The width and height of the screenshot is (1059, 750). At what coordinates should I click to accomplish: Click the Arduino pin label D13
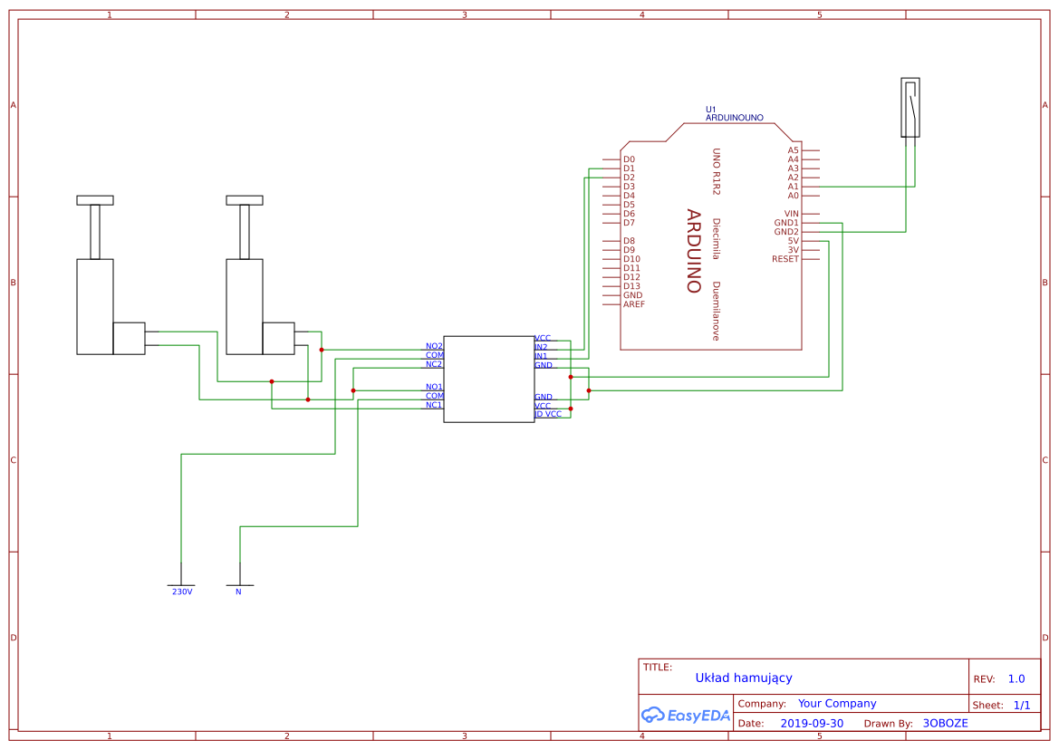tap(631, 286)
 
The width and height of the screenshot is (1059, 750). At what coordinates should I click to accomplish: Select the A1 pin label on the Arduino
tap(793, 187)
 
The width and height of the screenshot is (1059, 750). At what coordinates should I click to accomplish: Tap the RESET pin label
tap(785, 259)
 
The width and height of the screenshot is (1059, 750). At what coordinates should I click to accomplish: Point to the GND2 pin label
tap(786, 232)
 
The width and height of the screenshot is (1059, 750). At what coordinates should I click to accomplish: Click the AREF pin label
tap(634, 304)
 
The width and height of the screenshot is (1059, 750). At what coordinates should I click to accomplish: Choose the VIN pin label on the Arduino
tap(791, 214)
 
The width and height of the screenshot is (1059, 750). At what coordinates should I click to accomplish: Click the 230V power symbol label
tap(182, 591)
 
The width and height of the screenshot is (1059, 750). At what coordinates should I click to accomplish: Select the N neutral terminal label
tap(238, 591)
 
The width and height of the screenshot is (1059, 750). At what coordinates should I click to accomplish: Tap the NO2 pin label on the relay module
tap(434, 346)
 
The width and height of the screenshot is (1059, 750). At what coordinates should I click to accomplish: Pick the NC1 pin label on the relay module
tap(434, 405)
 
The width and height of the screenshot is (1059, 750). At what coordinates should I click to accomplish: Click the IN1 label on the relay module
tap(541, 356)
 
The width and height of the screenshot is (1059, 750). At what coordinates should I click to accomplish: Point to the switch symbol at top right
tap(910, 108)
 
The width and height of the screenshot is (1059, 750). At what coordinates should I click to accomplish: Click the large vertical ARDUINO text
tap(693, 251)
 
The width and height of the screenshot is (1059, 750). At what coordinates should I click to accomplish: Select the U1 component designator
tap(710, 110)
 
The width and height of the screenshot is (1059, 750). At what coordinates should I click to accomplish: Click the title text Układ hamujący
tap(744, 678)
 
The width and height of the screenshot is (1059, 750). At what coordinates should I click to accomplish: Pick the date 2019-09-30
tap(811, 724)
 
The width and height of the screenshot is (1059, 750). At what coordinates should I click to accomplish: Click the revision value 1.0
tap(1016, 678)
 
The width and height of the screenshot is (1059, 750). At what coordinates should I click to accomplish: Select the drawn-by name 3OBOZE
tap(945, 724)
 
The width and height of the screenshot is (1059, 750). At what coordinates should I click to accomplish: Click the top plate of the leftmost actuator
tap(95, 200)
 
